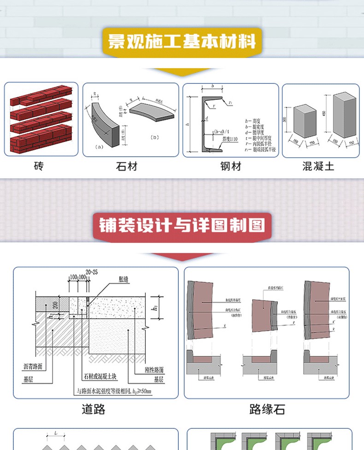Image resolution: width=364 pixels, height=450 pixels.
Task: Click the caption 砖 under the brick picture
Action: pyautogui.click(x=39, y=166)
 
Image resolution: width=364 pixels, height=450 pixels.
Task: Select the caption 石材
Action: pyautogui.click(x=126, y=166)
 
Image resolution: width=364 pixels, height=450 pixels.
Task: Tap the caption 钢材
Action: pyautogui.click(x=230, y=166)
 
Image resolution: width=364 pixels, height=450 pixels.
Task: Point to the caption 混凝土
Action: pyautogui.click(x=318, y=166)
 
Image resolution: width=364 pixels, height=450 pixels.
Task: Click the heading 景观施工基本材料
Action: pyautogui.click(x=182, y=42)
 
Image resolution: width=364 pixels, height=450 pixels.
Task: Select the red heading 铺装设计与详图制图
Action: pyautogui.click(x=182, y=226)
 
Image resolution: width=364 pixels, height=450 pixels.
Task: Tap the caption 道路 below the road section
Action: pyautogui.click(x=94, y=409)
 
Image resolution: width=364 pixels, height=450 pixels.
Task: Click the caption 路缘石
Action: pyautogui.click(x=267, y=409)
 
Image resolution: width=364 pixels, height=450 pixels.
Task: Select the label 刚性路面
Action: pyautogui.click(x=153, y=369)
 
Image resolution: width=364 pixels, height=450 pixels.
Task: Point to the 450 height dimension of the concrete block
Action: pyautogui.click(x=324, y=114)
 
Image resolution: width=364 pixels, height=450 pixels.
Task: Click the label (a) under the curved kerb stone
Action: pyautogui.click(x=99, y=147)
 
